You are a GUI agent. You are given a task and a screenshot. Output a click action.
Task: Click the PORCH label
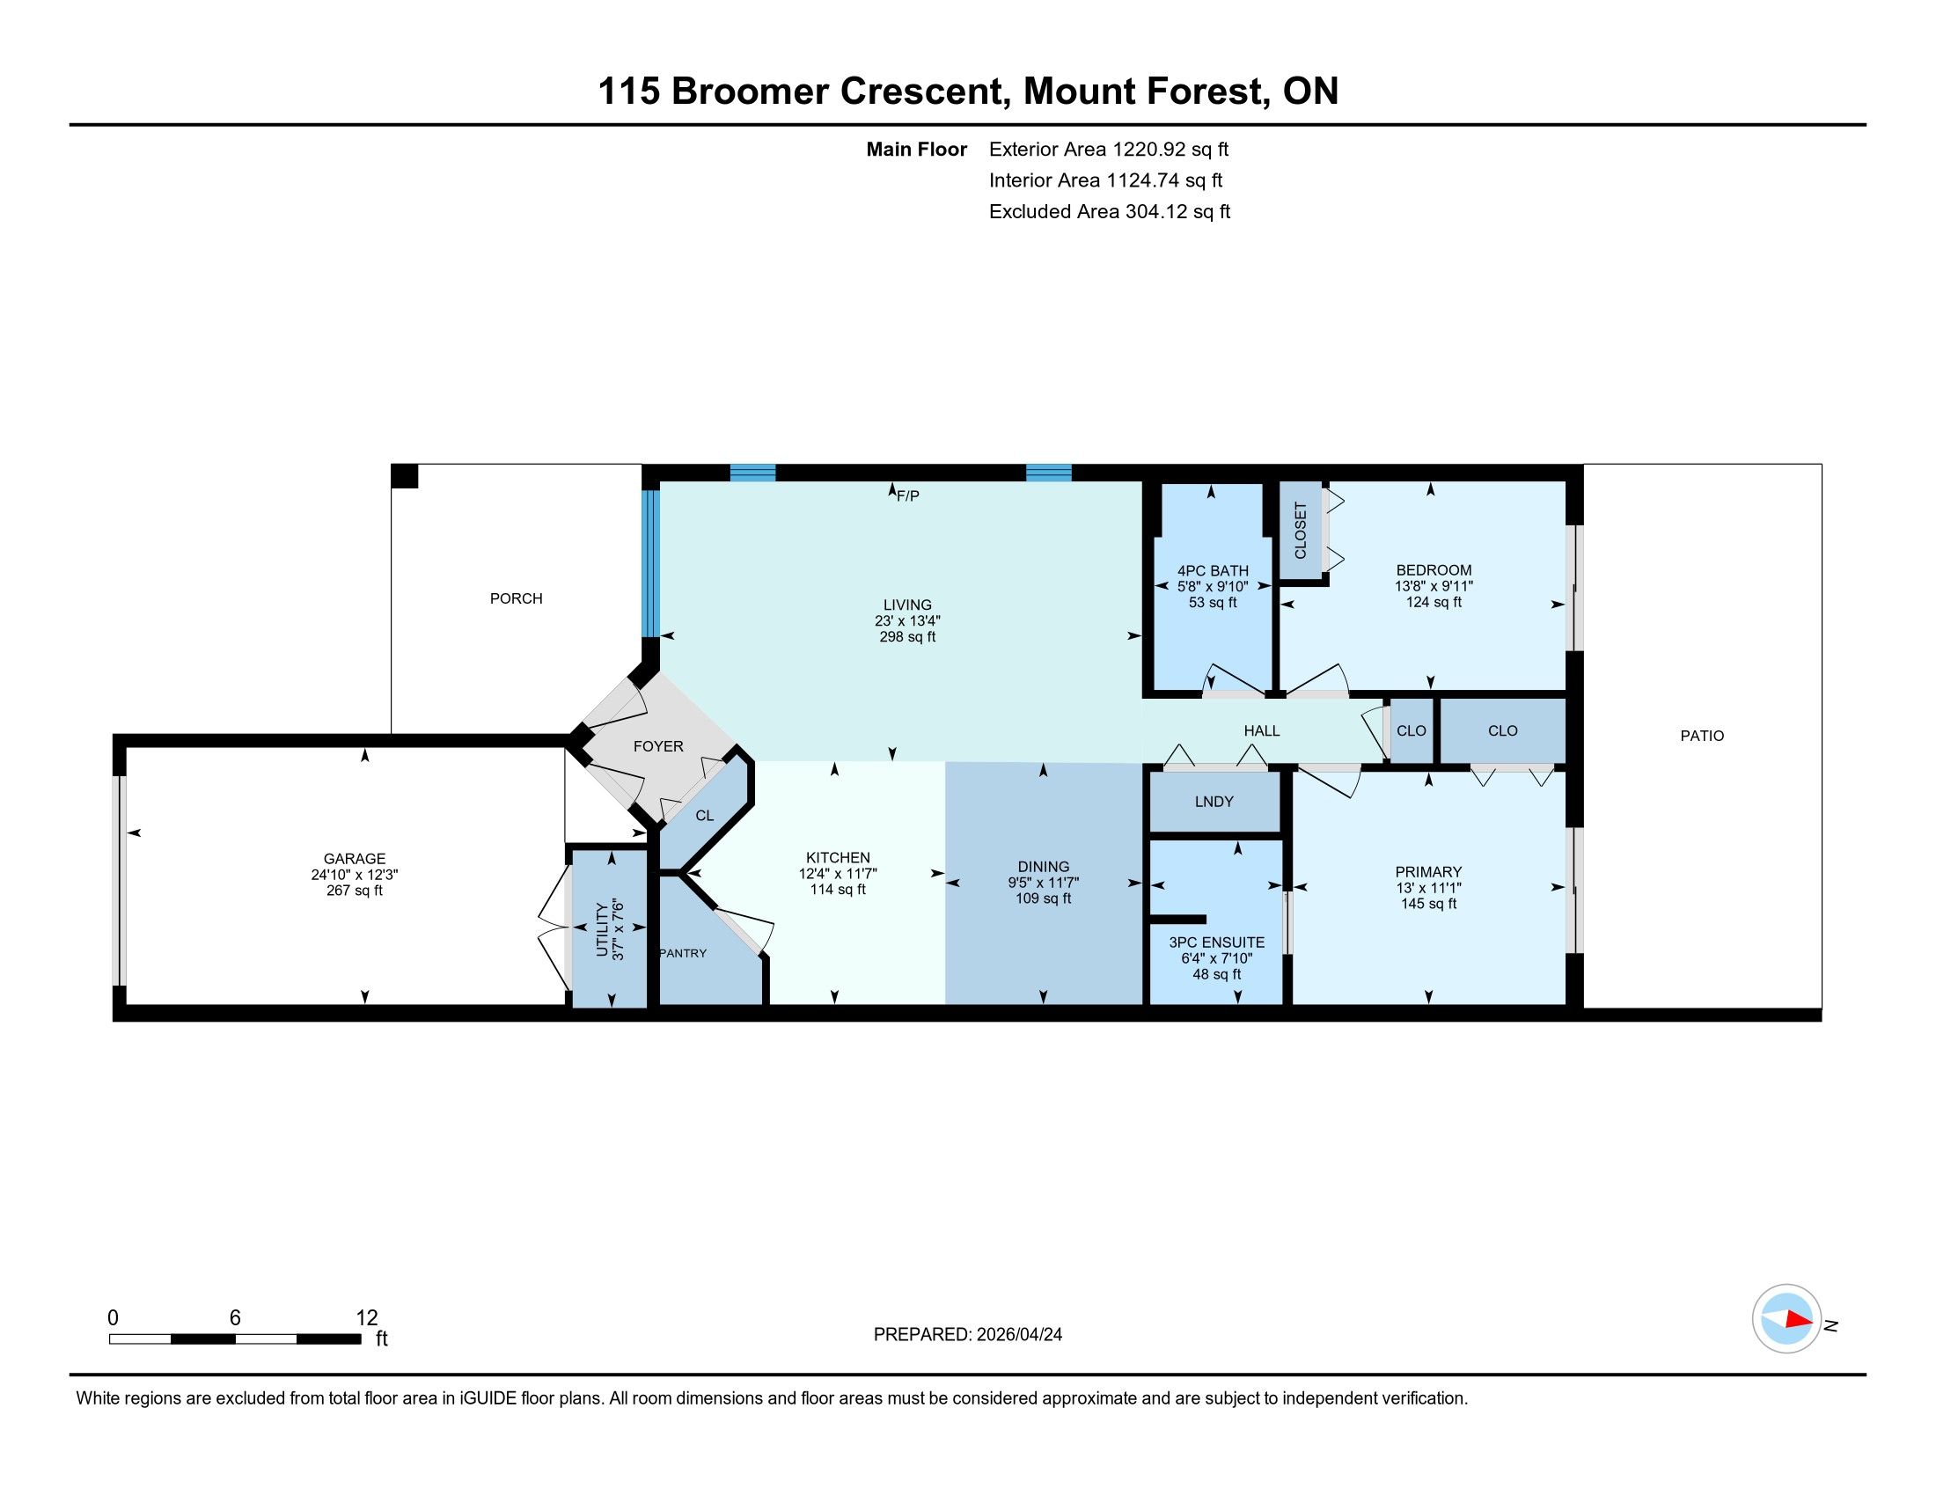[x=516, y=598]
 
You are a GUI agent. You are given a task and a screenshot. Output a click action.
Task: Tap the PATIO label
[x=1702, y=736]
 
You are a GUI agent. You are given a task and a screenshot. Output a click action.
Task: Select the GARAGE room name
[x=355, y=858]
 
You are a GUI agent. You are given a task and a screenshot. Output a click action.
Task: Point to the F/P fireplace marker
[x=908, y=496]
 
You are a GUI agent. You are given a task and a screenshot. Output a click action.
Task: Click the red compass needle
[x=1799, y=1319]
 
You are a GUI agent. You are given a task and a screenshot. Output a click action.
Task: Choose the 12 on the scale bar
[x=367, y=1318]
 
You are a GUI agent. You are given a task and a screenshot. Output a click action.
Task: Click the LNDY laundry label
[x=1214, y=801]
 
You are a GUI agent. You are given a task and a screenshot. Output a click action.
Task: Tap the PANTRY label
[x=683, y=953]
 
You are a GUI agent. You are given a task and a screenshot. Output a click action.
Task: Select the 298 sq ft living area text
[x=906, y=636]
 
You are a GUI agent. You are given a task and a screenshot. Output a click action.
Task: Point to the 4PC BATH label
[x=1213, y=571]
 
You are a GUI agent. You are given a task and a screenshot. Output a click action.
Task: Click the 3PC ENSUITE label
[x=1216, y=942]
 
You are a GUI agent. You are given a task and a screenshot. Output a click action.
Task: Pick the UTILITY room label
[x=603, y=929]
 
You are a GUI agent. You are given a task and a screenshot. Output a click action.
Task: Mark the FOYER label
[x=657, y=746]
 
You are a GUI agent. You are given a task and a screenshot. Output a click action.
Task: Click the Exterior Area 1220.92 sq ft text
[x=1109, y=149]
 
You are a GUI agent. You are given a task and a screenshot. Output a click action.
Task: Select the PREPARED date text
[x=968, y=1334]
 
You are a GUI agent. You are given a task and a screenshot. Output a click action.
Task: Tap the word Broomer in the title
[x=749, y=92]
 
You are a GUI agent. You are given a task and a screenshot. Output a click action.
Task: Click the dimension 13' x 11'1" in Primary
[x=1428, y=887]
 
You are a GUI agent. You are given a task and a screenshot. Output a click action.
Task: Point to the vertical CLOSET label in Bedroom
[x=1301, y=531]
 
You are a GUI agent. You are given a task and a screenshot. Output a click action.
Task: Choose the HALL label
[x=1261, y=730]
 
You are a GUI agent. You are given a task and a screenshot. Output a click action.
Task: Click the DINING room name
[x=1044, y=866]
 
